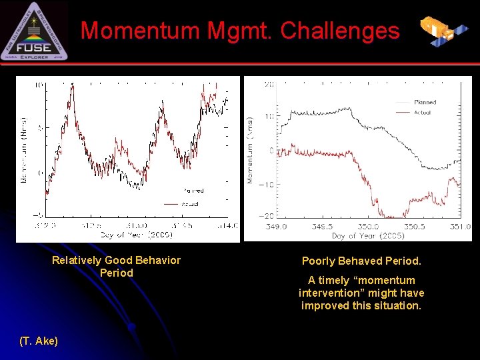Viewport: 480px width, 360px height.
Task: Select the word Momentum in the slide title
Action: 140,31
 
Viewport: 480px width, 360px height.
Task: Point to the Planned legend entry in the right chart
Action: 424,103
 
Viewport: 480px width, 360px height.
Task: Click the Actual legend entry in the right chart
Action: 421,113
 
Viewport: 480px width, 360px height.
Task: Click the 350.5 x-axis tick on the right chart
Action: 413,227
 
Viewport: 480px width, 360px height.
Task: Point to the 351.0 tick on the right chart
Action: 459,227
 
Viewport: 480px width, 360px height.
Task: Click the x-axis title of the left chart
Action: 137,235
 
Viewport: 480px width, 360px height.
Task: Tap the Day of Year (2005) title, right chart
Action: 367,236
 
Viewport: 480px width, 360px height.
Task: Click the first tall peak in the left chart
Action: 69,93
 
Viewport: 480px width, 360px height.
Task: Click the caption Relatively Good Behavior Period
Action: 116,267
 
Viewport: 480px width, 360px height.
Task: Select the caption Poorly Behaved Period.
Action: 361,261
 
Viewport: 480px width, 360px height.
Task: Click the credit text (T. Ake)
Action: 39,341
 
